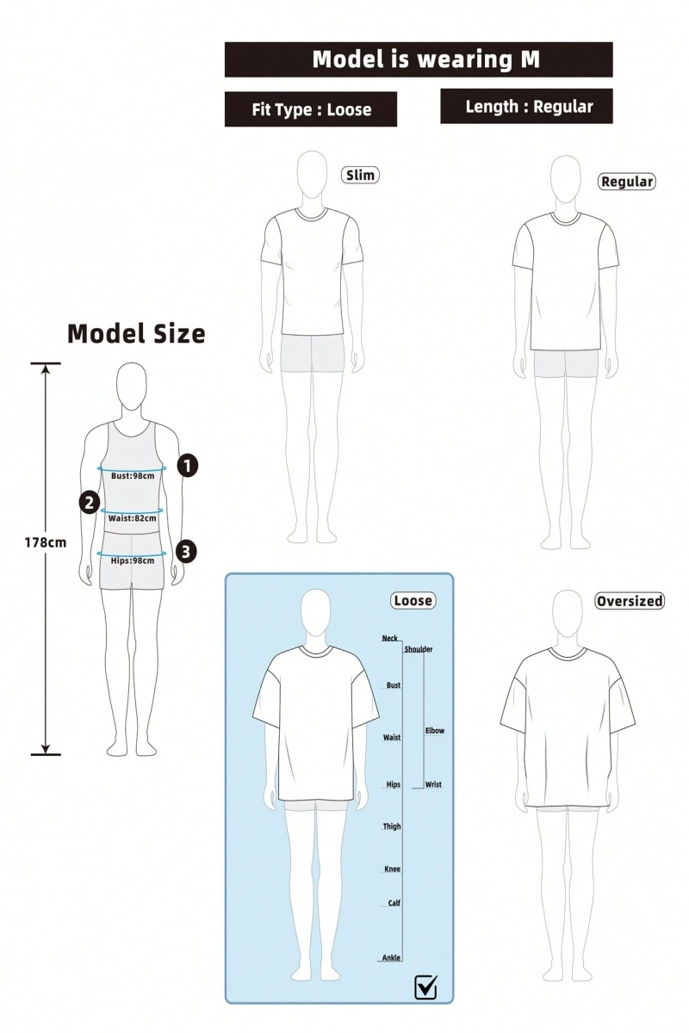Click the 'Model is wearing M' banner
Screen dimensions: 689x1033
tap(419, 59)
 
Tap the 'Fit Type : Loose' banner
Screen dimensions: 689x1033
tap(311, 109)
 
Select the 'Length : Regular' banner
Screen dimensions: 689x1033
tap(526, 107)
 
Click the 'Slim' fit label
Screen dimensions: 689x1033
tap(360, 176)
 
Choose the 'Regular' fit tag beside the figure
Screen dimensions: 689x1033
tap(627, 182)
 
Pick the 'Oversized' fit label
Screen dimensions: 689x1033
tap(630, 601)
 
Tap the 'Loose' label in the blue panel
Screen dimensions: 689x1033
tap(413, 601)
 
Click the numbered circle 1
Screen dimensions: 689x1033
tap(188, 465)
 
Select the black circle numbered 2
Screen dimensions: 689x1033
tap(90, 502)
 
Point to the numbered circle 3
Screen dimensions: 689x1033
tap(185, 552)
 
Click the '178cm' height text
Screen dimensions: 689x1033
tap(46, 542)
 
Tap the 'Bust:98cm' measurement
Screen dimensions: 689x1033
tap(133, 475)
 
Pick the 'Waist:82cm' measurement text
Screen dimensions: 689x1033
tap(133, 518)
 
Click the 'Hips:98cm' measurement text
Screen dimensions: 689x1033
tap(133, 560)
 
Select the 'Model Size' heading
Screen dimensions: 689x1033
tap(136, 333)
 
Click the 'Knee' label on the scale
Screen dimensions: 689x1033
tap(392, 869)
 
